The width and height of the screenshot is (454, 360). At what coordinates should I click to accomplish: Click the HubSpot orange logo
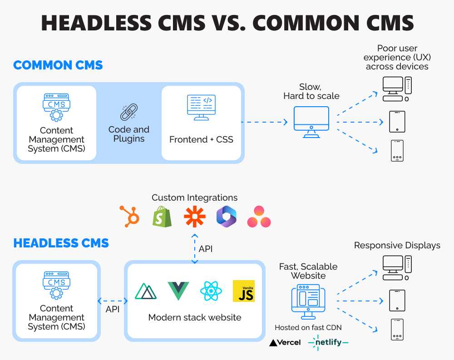(129, 216)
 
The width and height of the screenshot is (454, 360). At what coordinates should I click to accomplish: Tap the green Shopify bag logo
(162, 217)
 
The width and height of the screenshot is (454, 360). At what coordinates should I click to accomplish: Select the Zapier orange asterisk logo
(194, 216)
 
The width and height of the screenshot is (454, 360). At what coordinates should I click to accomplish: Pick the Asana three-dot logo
(259, 217)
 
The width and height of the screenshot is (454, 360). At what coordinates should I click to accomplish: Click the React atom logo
(211, 291)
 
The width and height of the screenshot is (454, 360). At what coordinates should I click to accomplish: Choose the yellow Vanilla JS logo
(243, 291)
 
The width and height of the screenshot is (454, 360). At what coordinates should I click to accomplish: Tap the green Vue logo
(178, 291)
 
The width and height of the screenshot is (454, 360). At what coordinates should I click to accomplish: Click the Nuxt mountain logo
(146, 291)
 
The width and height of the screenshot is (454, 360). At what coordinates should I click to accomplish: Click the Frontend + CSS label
(201, 139)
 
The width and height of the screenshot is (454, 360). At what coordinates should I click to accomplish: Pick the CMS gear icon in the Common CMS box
(56, 107)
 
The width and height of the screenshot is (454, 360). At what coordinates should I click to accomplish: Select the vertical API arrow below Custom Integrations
(195, 248)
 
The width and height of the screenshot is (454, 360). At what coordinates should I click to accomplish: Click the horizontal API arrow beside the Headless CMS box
(112, 301)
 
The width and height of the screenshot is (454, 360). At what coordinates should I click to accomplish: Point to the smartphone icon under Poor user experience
(397, 151)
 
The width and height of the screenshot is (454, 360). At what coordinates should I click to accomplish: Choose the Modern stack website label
(195, 317)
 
